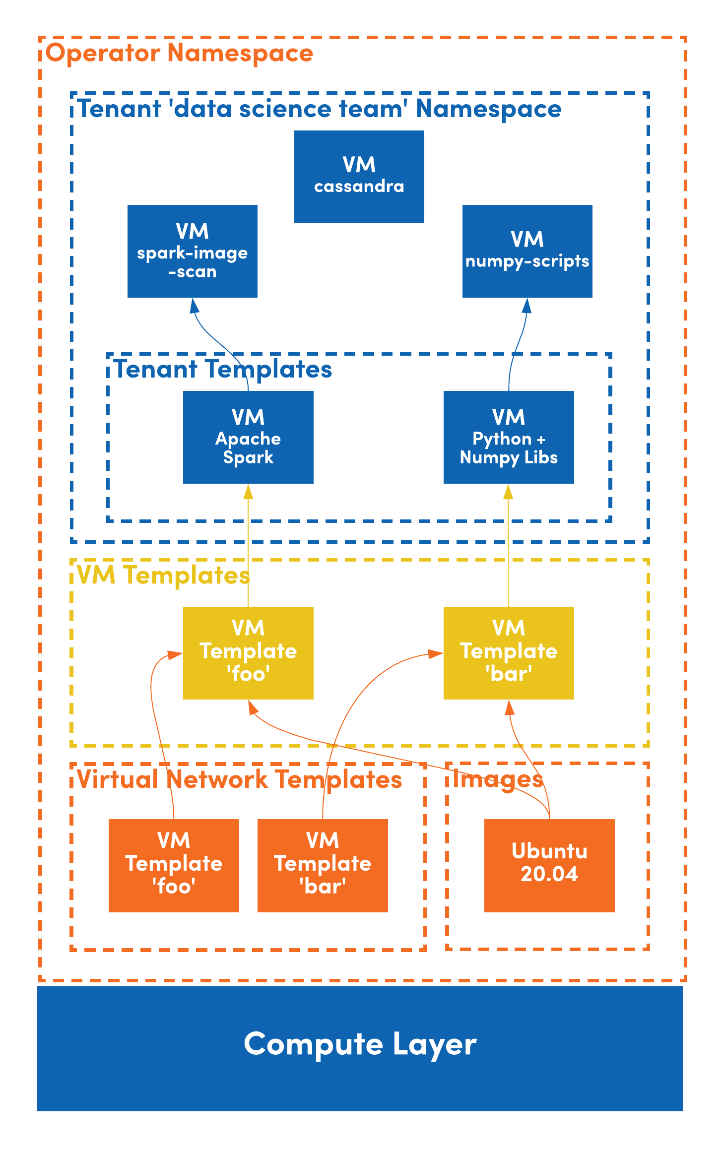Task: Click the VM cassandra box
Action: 359,177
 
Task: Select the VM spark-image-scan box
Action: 192,251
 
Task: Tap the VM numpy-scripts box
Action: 527,251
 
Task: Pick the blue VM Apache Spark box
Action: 248,437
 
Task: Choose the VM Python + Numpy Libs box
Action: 509,437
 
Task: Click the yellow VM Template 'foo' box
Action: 248,653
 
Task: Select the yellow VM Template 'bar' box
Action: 509,653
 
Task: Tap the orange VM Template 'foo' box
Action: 174,865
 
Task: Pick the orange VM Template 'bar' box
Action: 323,865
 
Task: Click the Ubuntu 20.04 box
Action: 549,865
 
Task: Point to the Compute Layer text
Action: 360,1044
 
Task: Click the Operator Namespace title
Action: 179,53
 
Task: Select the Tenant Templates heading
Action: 223,370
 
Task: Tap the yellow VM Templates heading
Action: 163,576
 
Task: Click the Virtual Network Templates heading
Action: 239,780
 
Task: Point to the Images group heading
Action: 498,780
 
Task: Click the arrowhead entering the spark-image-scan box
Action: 195,306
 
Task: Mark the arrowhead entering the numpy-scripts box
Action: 526,306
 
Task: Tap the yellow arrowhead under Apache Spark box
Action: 248,492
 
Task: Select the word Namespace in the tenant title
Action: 488,109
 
